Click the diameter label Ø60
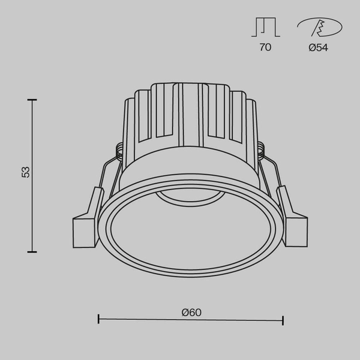tap(191, 312)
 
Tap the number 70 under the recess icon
tap(265, 47)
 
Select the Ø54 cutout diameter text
tap(318, 47)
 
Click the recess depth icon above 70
tap(265, 27)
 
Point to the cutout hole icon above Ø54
tap(319, 28)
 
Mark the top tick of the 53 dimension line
tap(32, 100)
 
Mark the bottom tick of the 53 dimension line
tap(32, 251)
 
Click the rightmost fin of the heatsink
tap(250, 126)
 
